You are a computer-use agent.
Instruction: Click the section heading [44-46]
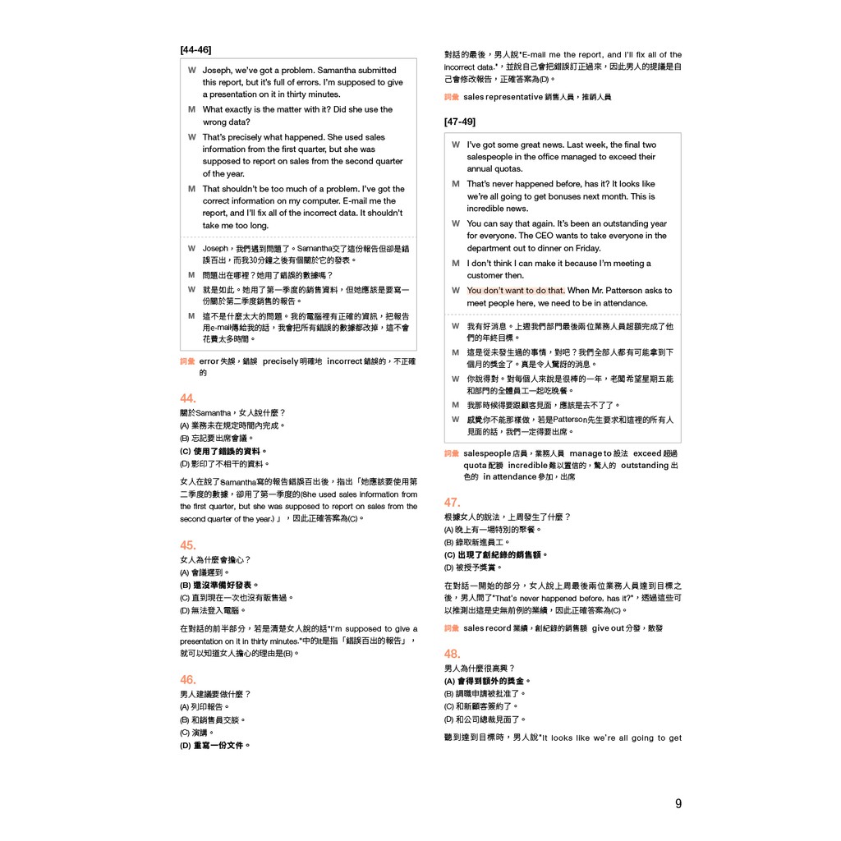pyautogui.click(x=195, y=49)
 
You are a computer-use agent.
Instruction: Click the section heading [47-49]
pyautogui.click(x=460, y=122)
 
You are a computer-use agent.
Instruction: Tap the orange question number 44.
pyautogui.click(x=188, y=398)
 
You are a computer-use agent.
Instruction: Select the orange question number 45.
pyautogui.click(x=188, y=545)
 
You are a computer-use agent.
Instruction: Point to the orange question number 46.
pyautogui.click(x=188, y=679)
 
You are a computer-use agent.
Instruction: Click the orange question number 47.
pyautogui.click(x=453, y=502)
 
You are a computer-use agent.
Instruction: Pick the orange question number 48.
pyautogui.click(x=453, y=654)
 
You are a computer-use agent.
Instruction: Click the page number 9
pyautogui.click(x=678, y=804)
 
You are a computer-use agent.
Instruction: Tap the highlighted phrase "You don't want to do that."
pyautogui.click(x=516, y=291)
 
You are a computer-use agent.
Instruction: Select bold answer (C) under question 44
pyautogui.click(x=223, y=451)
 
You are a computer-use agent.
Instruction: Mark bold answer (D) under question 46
pyautogui.click(x=215, y=746)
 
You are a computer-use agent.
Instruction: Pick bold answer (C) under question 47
pyautogui.click(x=497, y=554)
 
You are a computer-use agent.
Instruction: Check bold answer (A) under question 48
pyautogui.click(x=488, y=681)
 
